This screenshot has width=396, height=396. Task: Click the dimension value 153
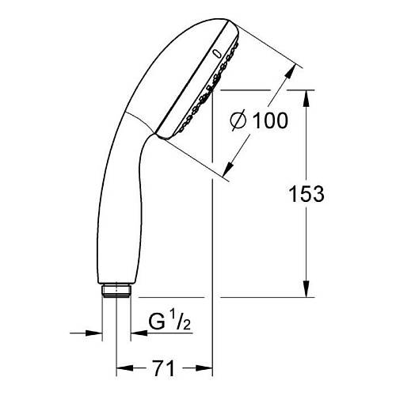[x=307, y=194]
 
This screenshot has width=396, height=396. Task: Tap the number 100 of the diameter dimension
[x=270, y=120]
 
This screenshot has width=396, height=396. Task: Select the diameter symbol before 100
[x=238, y=121]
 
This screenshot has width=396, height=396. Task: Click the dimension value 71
[x=164, y=368]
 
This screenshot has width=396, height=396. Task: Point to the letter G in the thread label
[x=157, y=322]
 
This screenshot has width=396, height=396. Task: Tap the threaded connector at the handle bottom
[x=116, y=291]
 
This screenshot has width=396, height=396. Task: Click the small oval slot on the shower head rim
[x=217, y=53]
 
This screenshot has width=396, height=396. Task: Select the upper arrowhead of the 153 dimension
[x=307, y=98]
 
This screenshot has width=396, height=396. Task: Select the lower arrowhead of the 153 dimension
[x=307, y=289]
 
